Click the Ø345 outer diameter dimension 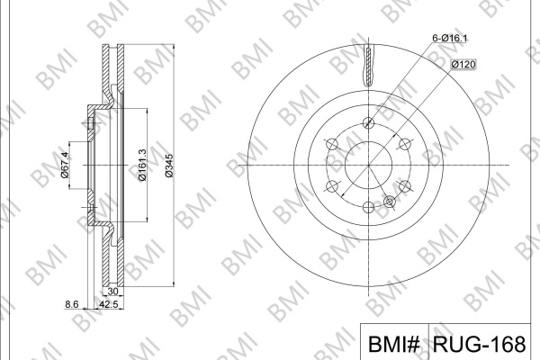(169, 166)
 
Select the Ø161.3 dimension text (142, 165)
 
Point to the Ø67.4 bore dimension (65, 165)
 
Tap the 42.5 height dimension (109, 304)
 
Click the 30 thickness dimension (113, 292)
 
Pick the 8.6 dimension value (72, 304)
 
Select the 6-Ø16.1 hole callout (450, 38)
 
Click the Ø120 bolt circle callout (463, 64)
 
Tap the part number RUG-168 (480, 344)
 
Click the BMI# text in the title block (394, 344)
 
